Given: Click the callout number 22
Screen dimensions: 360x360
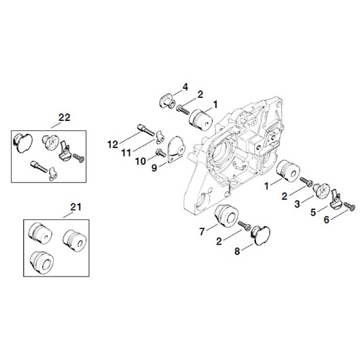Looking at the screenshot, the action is point(65,118).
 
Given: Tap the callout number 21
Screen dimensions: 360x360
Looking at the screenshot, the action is point(76,207).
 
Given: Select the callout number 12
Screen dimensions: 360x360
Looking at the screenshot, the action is point(113,145).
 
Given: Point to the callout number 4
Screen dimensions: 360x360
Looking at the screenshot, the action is point(185,87).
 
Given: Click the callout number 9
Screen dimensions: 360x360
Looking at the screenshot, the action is point(154,168).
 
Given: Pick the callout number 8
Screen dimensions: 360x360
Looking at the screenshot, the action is point(237,251).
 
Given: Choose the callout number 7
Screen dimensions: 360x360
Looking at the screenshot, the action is point(202,232).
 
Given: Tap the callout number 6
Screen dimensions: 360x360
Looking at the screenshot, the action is point(327,219).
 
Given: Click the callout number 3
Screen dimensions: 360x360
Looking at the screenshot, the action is point(297,204).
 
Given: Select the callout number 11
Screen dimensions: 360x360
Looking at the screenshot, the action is point(126,153).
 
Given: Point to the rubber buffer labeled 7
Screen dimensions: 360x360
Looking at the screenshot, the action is point(226,214).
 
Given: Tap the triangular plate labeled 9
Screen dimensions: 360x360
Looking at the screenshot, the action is point(177,149).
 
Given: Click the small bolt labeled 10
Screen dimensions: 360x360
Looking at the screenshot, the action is point(161,153).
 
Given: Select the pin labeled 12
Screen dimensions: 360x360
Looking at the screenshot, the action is point(146,130).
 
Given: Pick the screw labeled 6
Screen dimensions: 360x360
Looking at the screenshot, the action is point(349,206).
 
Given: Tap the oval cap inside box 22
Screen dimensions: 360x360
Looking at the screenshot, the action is point(22,143).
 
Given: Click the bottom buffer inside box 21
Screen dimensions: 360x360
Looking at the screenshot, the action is point(42,262).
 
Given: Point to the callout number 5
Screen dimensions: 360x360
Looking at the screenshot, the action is point(313,213).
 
